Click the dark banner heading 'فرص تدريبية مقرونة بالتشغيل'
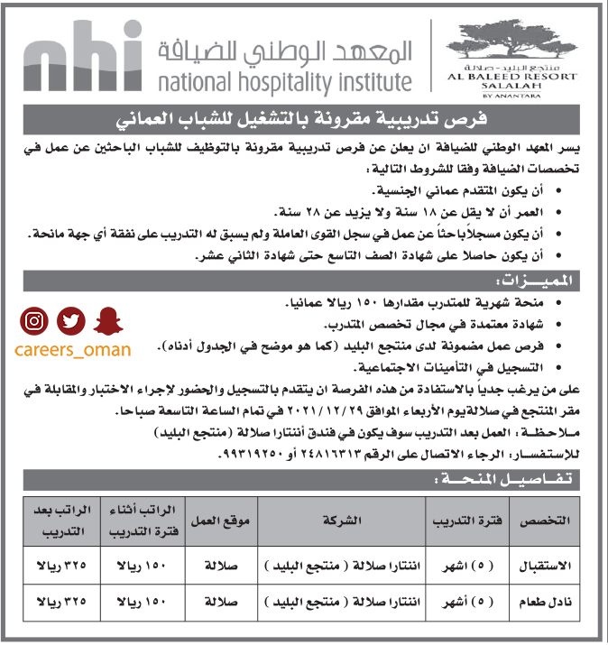[304, 118]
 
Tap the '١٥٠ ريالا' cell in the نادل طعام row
[142, 601]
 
